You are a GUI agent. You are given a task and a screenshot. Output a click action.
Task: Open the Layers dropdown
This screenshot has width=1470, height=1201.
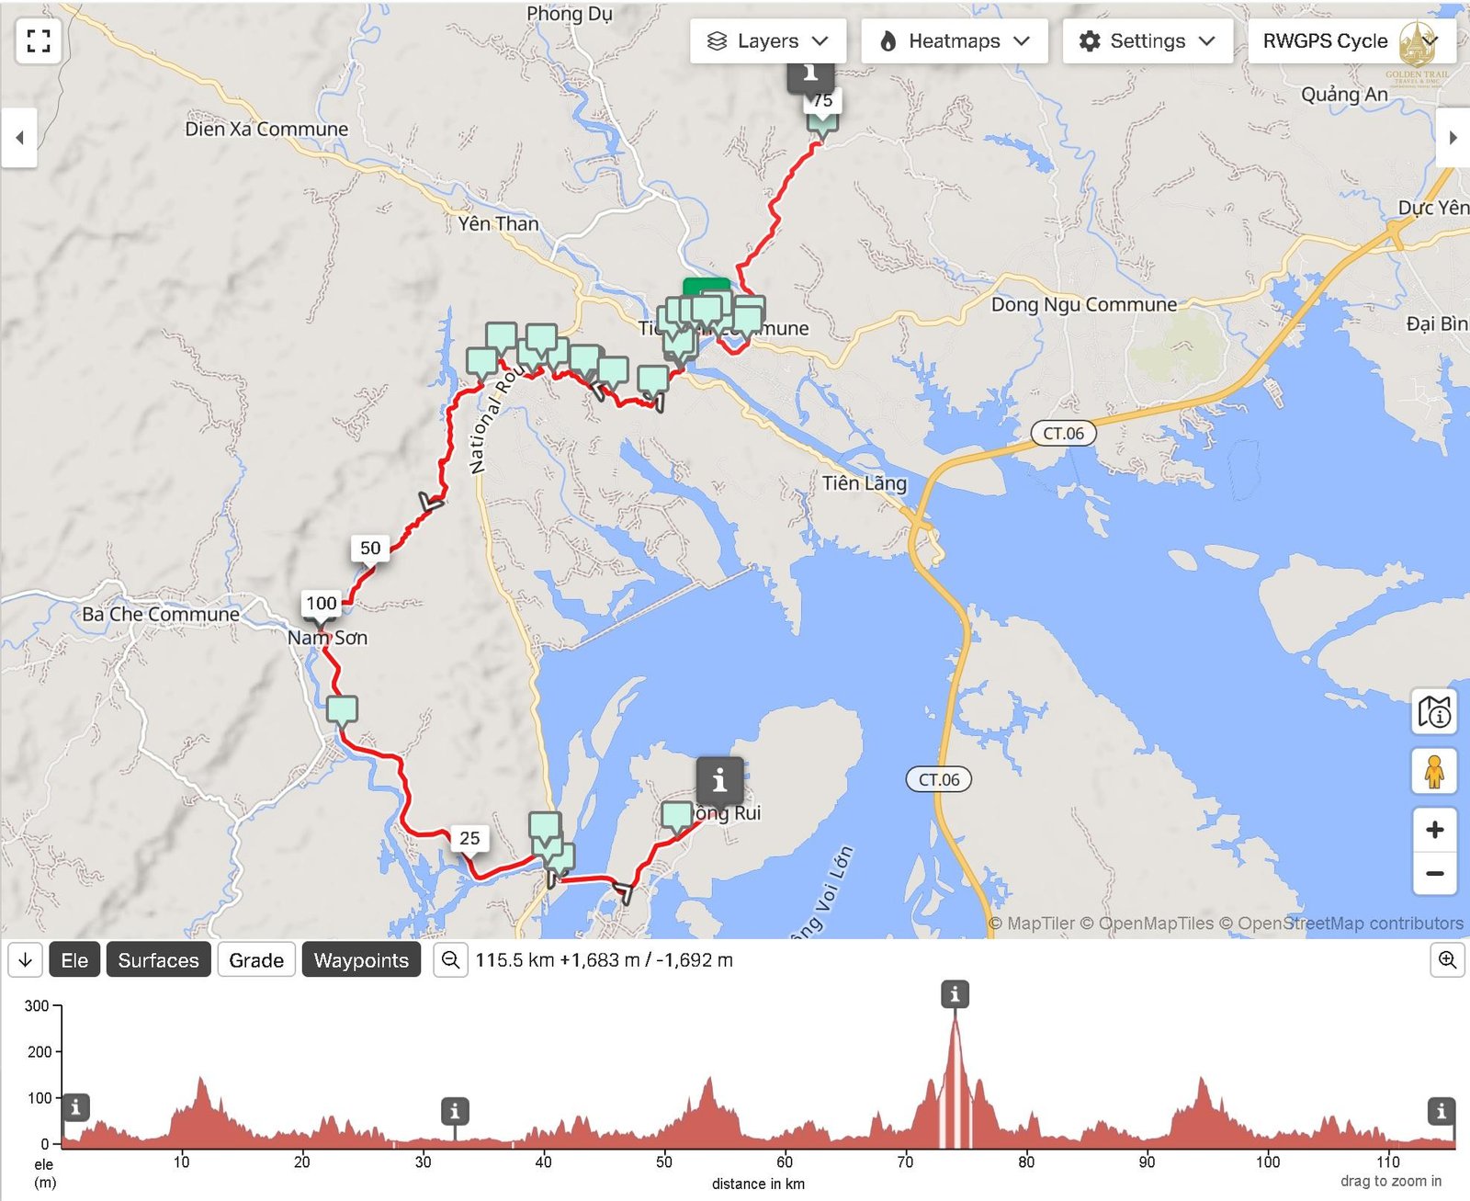click(x=768, y=41)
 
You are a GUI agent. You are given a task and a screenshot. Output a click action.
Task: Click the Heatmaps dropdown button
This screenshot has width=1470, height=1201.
click(x=954, y=41)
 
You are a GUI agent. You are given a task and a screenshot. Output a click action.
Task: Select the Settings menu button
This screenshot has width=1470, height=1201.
click(x=1147, y=41)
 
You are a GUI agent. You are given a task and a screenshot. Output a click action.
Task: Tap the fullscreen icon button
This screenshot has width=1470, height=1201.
click(x=39, y=40)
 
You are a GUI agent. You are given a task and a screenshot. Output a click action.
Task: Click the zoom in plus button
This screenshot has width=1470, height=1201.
click(x=1434, y=830)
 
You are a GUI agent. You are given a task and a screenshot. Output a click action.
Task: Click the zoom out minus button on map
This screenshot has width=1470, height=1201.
click(x=1434, y=873)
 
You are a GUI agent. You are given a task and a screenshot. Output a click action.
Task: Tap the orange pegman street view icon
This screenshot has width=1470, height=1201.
click(x=1434, y=771)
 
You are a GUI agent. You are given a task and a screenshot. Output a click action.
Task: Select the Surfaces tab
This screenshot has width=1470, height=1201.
click(x=158, y=960)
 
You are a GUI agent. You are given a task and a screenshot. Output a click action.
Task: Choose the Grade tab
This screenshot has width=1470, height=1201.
click(x=256, y=960)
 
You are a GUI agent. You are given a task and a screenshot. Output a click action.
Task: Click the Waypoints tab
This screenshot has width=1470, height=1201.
click(x=361, y=960)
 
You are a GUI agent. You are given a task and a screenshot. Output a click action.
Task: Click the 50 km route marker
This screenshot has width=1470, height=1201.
click(x=370, y=549)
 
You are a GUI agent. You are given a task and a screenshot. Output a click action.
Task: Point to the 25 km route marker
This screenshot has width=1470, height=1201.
click(x=469, y=838)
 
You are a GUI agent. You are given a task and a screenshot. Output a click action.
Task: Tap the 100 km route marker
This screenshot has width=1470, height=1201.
click(x=322, y=604)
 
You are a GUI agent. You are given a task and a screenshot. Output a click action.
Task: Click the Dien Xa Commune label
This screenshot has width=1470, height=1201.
click(x=266, y=129)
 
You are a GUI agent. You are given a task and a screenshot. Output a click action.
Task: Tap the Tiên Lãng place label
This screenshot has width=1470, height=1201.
click(x=864, y=483)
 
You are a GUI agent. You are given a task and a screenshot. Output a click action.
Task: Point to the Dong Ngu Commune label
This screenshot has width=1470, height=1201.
click(x=1083, y=304)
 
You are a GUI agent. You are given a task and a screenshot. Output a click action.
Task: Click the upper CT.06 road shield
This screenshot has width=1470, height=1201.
click(x=1063, y=434)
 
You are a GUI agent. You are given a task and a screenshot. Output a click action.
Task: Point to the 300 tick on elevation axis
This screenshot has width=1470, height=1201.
click(x=37, y=1006)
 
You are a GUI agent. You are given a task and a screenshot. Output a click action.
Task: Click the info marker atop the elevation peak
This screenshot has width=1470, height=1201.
click(x=955, y=993)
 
